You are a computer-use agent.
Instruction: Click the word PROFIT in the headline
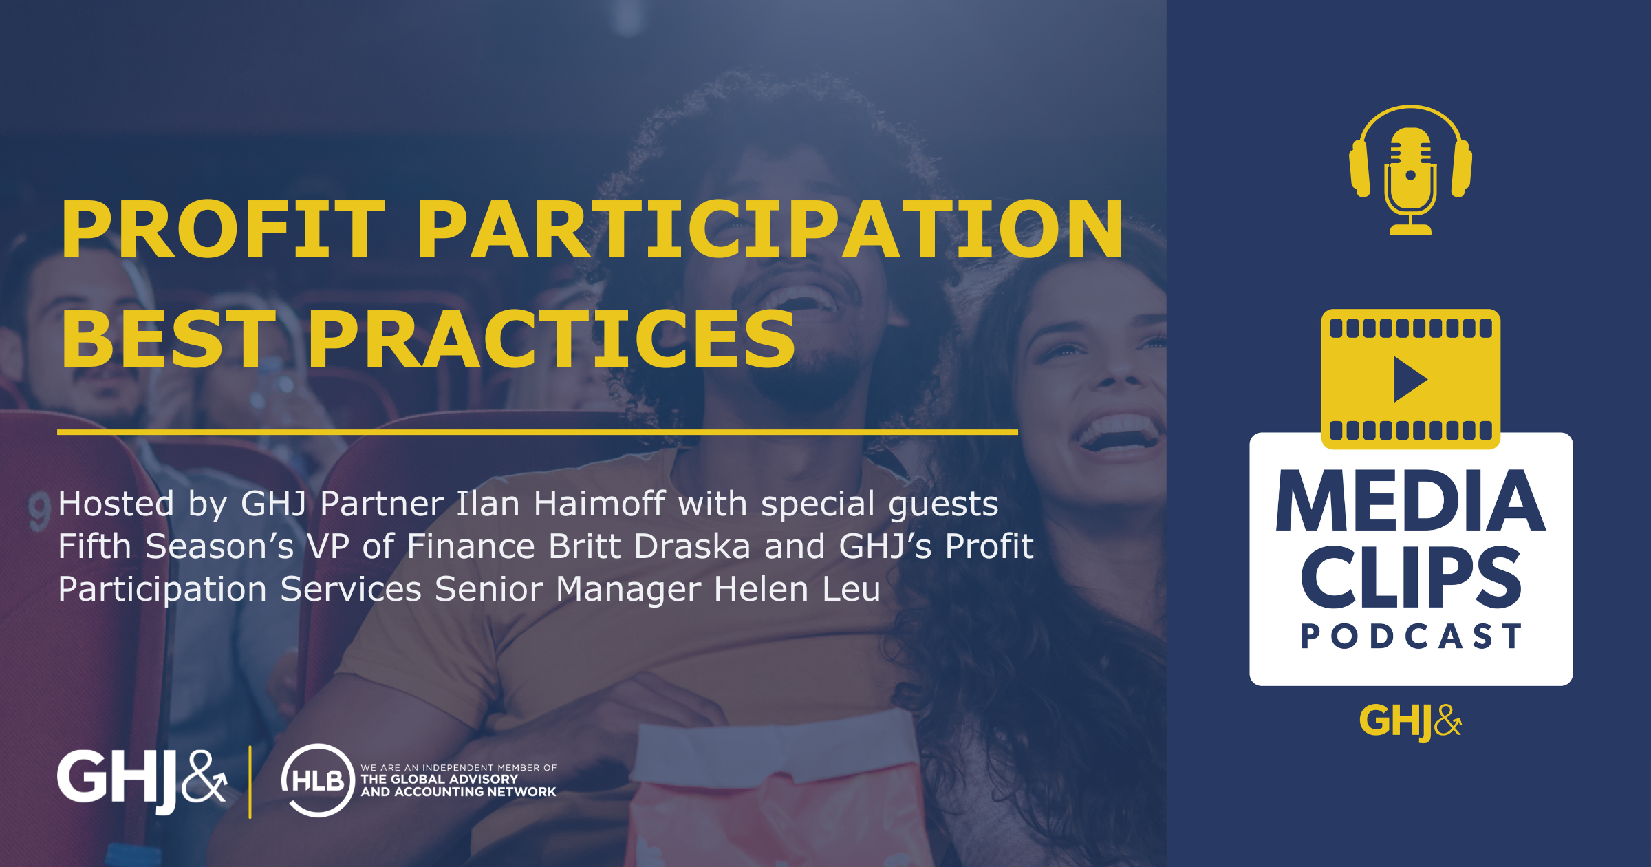tap(222, 230)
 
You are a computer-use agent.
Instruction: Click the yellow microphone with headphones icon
tap(1410, 171)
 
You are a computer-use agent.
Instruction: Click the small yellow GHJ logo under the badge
tap(1410, 721)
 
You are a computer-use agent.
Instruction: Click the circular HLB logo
tap(317, 780)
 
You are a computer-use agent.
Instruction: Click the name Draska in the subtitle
tap(692, 546)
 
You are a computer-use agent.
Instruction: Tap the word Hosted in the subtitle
tap(116, 504)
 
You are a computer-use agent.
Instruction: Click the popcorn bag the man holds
tap(777, 791)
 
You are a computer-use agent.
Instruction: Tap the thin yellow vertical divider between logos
tap(250, 782)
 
